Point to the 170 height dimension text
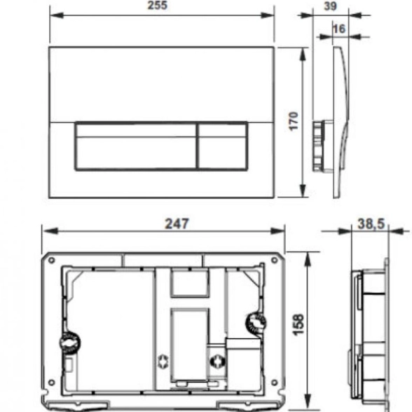coord(293,121)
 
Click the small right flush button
coord(222,145)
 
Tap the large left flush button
coord(135,145)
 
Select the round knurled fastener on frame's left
coord(68,344)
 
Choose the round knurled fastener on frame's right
coord(255,324)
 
